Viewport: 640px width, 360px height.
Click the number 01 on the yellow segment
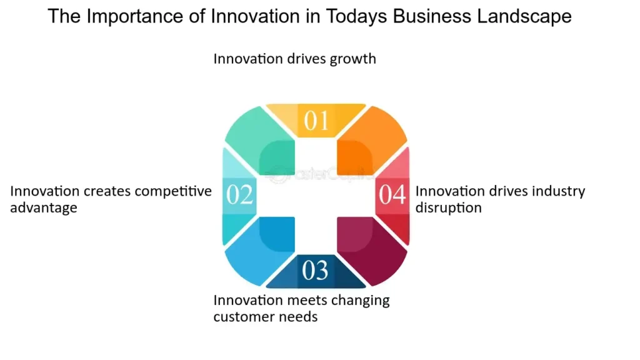316,121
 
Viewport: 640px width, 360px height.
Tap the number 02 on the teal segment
239,194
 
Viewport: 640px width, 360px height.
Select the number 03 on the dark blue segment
315,270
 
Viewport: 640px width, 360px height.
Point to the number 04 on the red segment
392,194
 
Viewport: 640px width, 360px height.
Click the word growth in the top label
352,59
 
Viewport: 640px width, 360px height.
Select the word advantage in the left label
44,208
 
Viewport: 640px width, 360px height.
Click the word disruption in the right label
449,208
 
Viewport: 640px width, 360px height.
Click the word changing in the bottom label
361,301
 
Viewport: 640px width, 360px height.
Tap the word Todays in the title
356,17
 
